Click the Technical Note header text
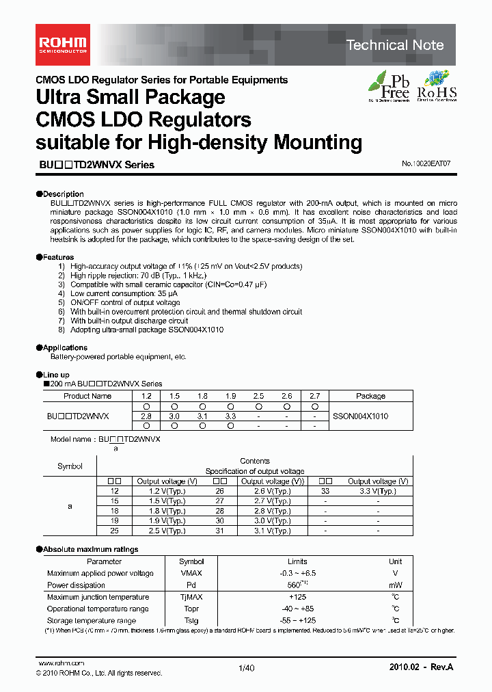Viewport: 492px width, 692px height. point(395,45)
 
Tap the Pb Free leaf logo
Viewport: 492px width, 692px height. point(389,86)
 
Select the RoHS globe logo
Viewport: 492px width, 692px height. point(437,86)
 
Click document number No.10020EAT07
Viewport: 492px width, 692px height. point(426,165)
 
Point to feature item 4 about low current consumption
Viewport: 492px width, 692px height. point(124,293)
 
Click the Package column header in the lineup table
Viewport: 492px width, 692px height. point(370,396)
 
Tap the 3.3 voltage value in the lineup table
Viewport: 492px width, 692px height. point(230,416)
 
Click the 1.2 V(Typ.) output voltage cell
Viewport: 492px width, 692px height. point(167,491)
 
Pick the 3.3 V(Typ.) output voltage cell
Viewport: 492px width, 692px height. point(377,491)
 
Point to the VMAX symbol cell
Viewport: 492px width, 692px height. point(191,573)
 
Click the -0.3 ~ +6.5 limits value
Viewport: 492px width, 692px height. point(297,573)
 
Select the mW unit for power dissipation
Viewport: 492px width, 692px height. point(395,585)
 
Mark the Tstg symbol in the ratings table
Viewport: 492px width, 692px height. point(191,620)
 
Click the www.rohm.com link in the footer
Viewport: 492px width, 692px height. point(61,663)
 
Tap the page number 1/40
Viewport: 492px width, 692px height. point(246,669)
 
